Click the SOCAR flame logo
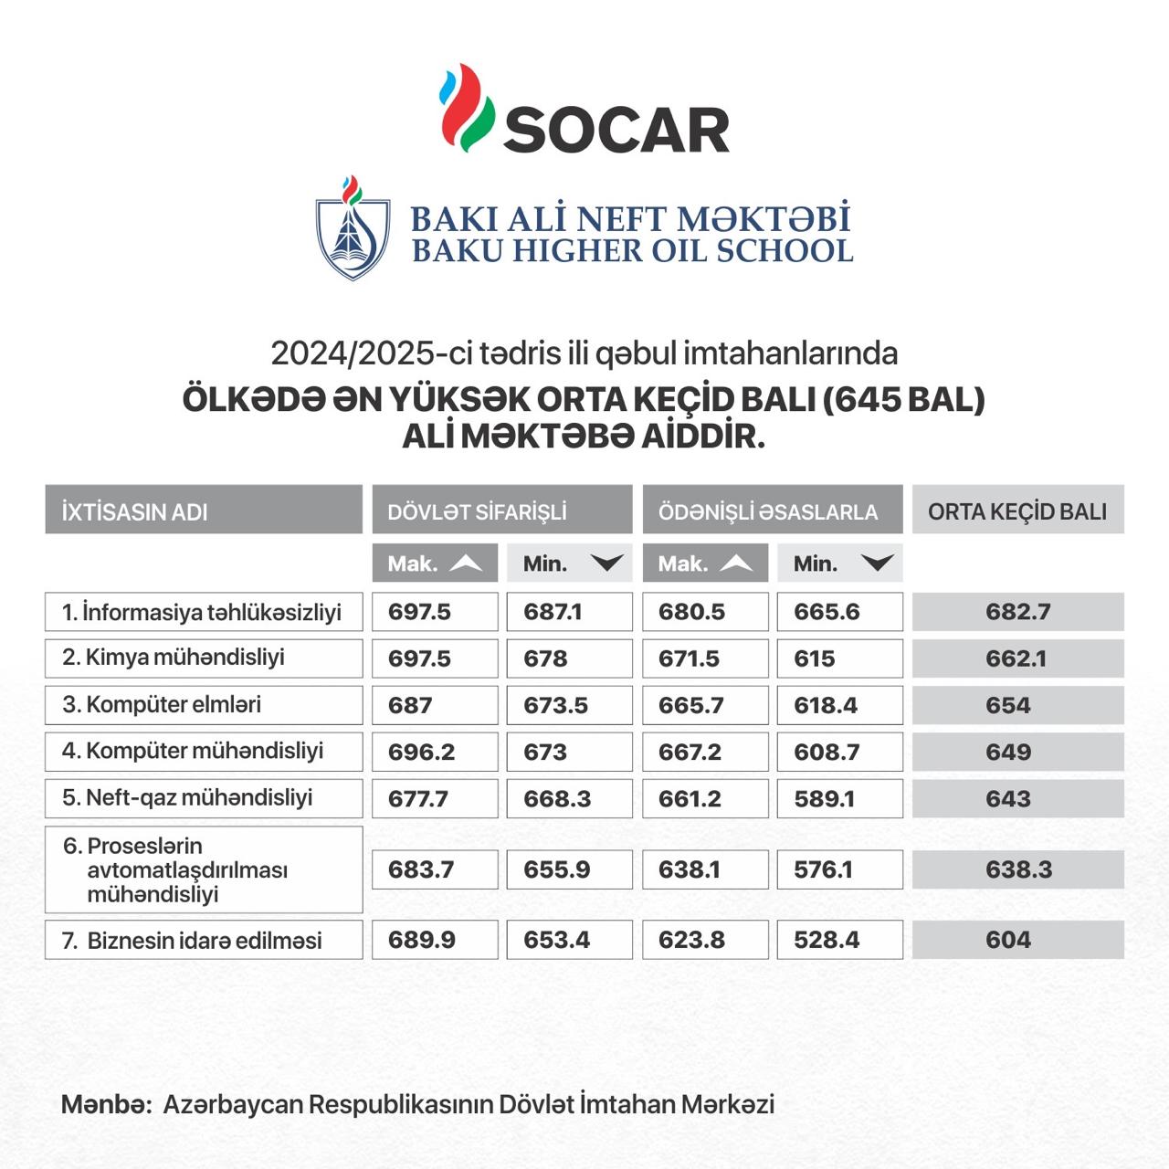coord(467,108)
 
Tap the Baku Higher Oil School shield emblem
coord(353,229)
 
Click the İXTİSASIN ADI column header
coord(204,510)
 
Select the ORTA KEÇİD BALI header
coord(1017,510)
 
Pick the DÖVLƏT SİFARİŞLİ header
coord(501,510)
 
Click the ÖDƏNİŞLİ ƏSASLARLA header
coord(772,510)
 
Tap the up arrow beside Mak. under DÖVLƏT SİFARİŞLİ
coord(466,563)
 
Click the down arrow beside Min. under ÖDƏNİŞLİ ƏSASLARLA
coord(877,563)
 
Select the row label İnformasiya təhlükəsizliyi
coord(204,612)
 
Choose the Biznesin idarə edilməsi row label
coord(204,940)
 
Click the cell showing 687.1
coord(569,612)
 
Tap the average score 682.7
coord(1017,612)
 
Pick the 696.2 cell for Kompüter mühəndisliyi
coord(435,752)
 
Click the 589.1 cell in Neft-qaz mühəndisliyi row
coord(839,798)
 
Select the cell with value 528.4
coord(839,940)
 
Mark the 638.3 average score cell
coord(1017,869)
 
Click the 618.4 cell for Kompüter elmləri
coord(839,705)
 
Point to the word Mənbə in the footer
coord(105,1104)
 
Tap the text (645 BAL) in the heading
coord(903,400)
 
